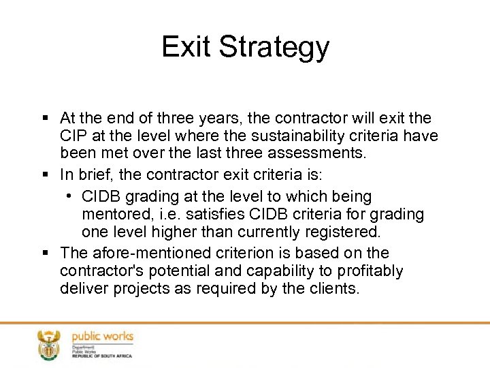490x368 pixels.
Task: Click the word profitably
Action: pyautogui.click(x=370, y=271)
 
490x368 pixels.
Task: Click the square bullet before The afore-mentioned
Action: pyautogui.click(x=45, y=254)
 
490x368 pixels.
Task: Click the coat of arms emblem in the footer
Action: pyautogui.click(x=48, y=345)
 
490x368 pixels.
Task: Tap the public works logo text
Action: pyautogui.click(x=103, y=337)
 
